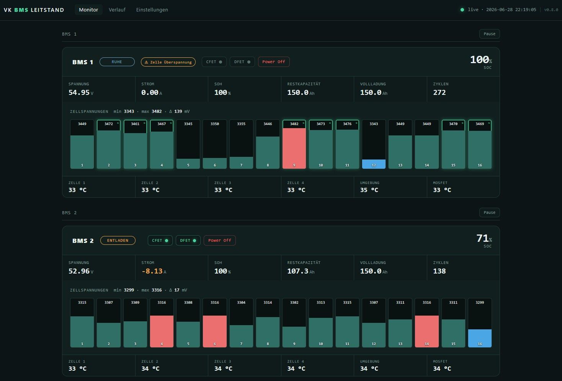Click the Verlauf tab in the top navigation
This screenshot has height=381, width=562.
coord(117,10)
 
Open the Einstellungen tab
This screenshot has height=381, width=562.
coord(152,10)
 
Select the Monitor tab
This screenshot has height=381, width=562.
coord(88,10)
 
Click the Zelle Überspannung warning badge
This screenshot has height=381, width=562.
coord(168,62)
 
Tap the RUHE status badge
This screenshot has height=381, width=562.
coord(117,62)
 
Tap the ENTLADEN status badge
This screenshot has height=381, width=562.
coord(118,240)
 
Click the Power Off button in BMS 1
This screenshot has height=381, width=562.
coord(274,62)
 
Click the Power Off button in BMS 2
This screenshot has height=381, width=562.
coord(219,240)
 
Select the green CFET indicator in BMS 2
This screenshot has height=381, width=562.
coord(160,240)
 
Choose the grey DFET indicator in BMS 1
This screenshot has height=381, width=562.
coord(242,62)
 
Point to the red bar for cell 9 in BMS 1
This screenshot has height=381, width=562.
coord(294,148)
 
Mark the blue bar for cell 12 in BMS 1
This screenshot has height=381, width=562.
coord(374,164)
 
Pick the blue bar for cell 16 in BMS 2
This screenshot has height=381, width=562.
coord(480,338)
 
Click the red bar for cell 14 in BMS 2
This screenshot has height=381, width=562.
coord(427,331)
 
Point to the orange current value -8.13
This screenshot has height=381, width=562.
coord(152,271)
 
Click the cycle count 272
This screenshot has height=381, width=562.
coord(439,93)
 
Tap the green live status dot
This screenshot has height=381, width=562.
coord(462,10)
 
